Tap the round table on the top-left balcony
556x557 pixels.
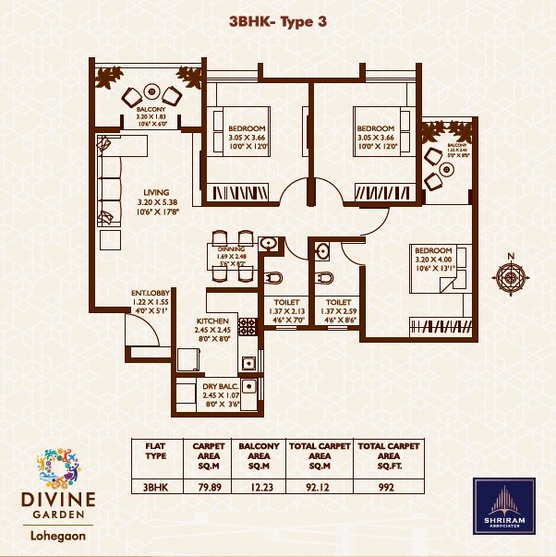pyautogui.click(x=151, y=97)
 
